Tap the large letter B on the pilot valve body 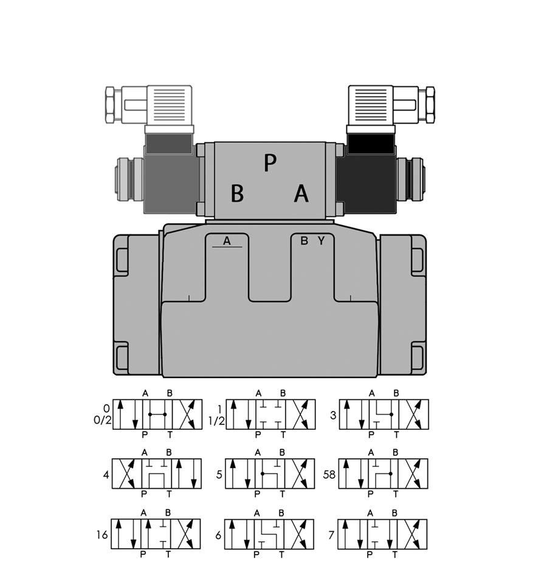pos(237,193)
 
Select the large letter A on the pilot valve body pos(301,193)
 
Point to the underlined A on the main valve pos(227,242)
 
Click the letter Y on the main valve pos(321,240)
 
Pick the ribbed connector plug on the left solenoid pos(169,106)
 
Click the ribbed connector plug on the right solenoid pos(371,106)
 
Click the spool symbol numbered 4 pos(156,473)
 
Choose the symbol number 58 pos(329,475)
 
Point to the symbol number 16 pos(102,535)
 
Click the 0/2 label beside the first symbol pos(103,420)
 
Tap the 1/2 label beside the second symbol pos(216,421)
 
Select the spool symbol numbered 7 pos(382,534)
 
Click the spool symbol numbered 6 pos(269,534)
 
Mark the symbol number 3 pos(333,415)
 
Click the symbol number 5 pos(219,475)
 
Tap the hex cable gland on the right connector pos(430,104)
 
